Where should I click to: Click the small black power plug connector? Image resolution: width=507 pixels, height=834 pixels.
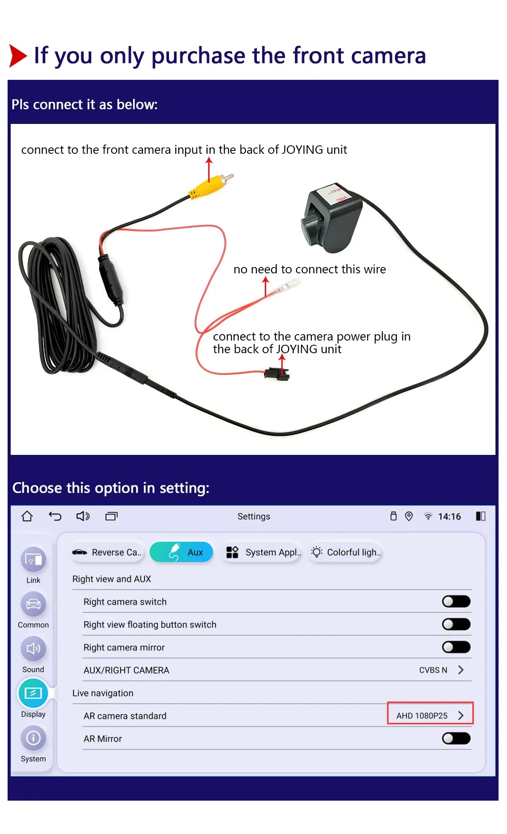tap(277, 373)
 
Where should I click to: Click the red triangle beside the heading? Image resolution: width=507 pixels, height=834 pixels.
tap(18, 56)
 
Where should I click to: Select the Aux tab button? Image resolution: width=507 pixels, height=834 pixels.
tap(181, 552)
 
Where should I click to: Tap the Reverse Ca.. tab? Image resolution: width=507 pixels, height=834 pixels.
tap(107, 552)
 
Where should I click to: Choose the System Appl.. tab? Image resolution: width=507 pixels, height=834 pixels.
tap(263, 552)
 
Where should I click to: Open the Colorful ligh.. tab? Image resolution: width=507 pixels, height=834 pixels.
tap(346, 552)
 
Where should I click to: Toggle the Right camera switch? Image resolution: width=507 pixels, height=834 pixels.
tap(456, 601)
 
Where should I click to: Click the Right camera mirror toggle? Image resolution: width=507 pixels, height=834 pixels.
tap(456, 647)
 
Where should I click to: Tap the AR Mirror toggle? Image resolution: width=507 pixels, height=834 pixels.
tap(456, 738)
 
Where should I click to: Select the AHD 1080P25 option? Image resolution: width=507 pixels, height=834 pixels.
tap(430, 715)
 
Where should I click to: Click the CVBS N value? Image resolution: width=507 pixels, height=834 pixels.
tap(433, 670)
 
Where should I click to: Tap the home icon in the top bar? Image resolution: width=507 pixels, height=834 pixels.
tap(27, 516)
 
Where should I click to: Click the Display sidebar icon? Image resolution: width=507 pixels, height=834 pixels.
tap(33, 693)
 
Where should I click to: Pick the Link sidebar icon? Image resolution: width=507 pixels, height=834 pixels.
tap(33, 559)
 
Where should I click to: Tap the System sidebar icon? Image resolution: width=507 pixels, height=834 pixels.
tap(33, 738)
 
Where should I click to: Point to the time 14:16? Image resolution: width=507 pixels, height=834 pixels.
tap(449, 516)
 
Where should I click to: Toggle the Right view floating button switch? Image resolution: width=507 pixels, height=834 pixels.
tap(456, 624)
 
